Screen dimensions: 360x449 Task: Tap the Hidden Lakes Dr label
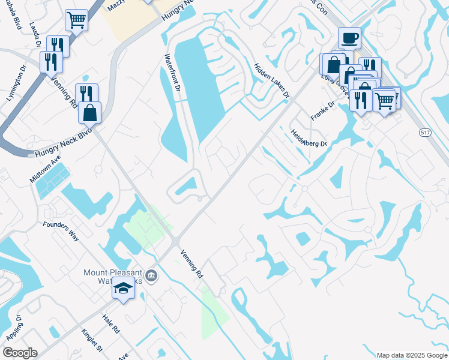click(x=271, y=80)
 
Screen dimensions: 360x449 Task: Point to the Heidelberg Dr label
click(x=309, y=139)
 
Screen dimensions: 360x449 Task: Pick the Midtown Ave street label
click(x=46, y=171)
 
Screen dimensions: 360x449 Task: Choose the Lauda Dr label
click(x=36, y=36)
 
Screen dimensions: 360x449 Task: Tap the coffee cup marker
click(x=349, y=38)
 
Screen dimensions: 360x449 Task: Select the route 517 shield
click(x=425, y=133)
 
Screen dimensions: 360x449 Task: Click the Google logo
click(x=20, y=352)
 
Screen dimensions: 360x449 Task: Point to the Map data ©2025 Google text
click(x=411, y=355)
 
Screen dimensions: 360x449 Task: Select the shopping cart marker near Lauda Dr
click(x=76, y=20)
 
